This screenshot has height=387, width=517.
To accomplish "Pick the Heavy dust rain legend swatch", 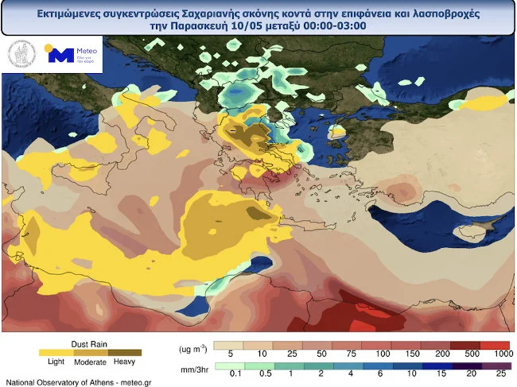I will [x=126, y=352].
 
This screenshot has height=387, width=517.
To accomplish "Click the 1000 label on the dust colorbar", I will [x=502, y=352].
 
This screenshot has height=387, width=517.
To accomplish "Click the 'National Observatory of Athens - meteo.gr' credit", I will [x=78, y=382].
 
